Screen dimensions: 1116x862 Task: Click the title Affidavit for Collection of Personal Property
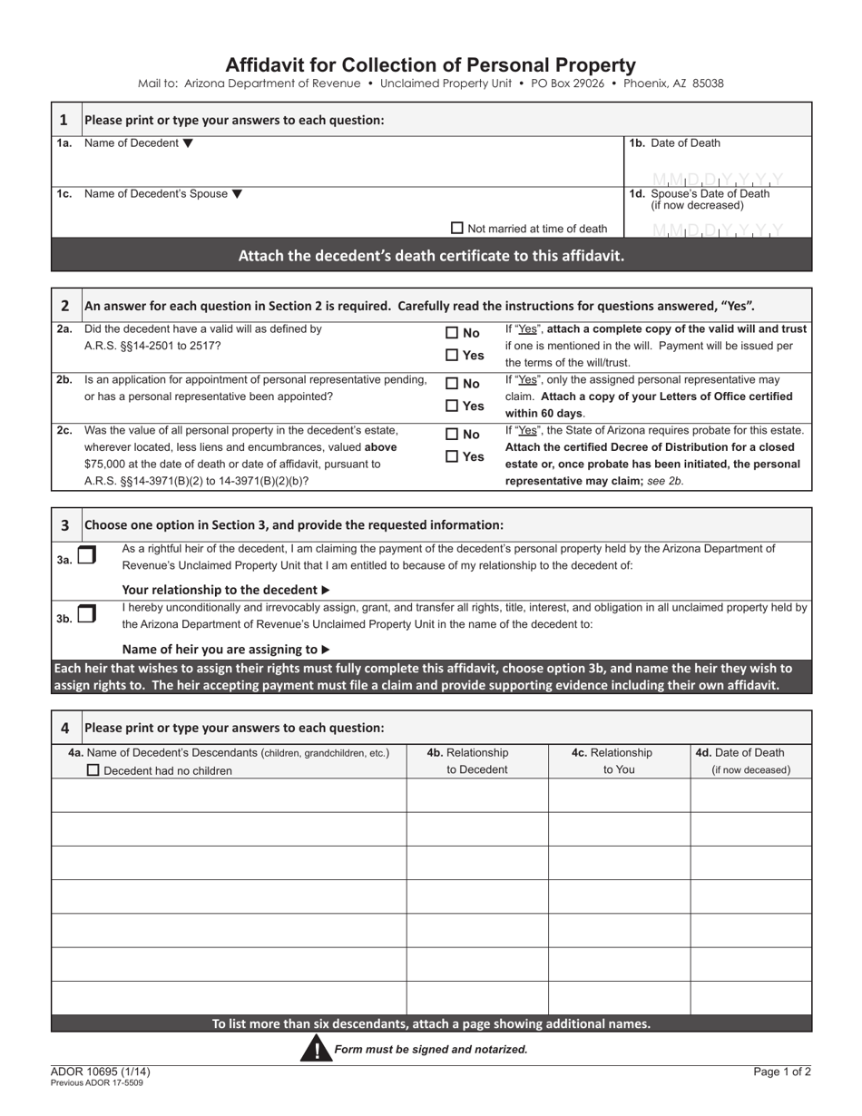tap(430, 64)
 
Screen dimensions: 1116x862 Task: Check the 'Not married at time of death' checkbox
tap(457, 229)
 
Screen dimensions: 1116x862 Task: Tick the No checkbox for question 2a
tap(452, 334)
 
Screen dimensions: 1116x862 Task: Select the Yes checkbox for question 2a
tap(452, 356)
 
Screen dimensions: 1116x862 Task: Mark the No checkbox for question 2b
tap(452, 384)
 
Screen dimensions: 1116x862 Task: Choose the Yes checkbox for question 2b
tap(452, 406)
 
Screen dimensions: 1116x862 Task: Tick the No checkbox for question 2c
tap(452, 435)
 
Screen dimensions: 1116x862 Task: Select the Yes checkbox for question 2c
tap(452, 456)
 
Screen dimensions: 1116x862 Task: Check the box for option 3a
tap(86, 556)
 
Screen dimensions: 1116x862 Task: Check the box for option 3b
tap(86, 614)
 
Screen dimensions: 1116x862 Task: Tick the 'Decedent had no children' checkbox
tap(93, 770)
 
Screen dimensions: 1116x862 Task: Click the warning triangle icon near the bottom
tap(317, 1049)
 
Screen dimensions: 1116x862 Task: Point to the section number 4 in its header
tap(64, 728)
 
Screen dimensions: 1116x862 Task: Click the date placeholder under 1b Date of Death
tap(717, 180)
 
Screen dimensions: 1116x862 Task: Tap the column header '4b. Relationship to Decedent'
tap(477, 761)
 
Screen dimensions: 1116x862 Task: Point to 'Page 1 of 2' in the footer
tap(782, 1072)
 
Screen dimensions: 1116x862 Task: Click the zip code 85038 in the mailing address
tap(708, 83)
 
